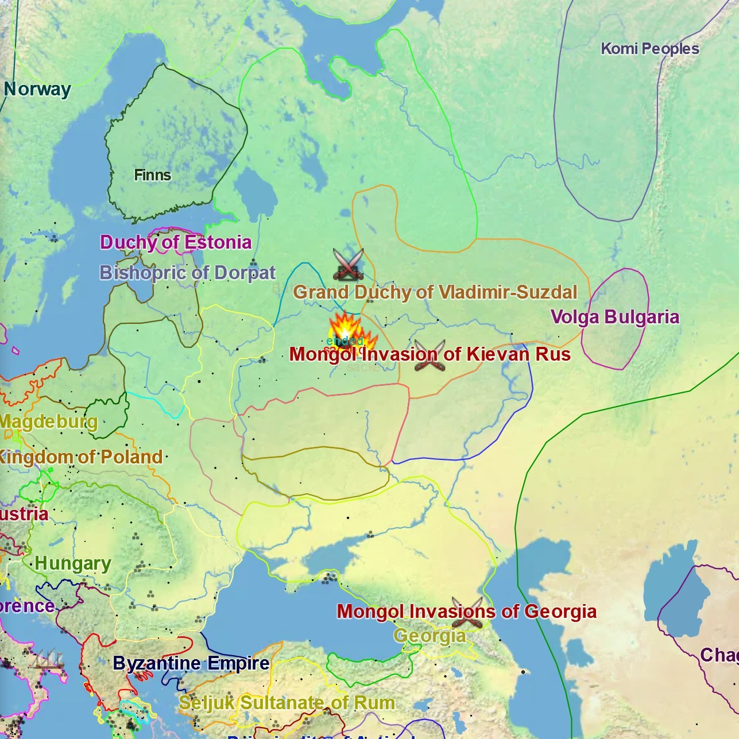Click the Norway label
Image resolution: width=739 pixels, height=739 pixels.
tap(37, 90)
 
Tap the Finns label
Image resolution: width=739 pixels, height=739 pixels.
tap(152, 175)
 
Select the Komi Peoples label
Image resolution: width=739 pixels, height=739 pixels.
tap(649, 49)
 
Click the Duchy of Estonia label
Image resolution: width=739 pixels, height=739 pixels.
tap(176, 242)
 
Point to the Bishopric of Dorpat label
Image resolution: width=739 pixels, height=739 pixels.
tap(188, 273)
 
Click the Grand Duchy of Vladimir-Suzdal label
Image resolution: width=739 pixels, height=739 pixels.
tap(435, 292)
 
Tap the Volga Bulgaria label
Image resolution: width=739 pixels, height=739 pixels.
tap(614, 317)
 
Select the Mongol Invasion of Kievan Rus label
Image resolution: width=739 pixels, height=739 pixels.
tap(430, 354)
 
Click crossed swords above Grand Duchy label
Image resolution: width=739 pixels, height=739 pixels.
tap(349, 264)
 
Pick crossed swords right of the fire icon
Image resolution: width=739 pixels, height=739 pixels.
tap(430, 355)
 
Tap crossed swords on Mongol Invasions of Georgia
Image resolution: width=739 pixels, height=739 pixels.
tap(467, 613)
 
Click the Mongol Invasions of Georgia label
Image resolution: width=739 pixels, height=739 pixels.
tap(466, 612)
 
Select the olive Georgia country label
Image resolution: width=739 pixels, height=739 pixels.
tap(430, 636)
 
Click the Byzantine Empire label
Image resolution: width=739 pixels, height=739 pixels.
tap(191, 664)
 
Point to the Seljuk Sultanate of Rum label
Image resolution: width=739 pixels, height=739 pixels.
tap(287, 703)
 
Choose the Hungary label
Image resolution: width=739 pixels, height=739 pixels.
tap(73, 564)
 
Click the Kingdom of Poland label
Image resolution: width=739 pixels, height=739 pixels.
tap(80, 457)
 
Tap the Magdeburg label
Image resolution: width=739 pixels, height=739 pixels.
tap(48, 422)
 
